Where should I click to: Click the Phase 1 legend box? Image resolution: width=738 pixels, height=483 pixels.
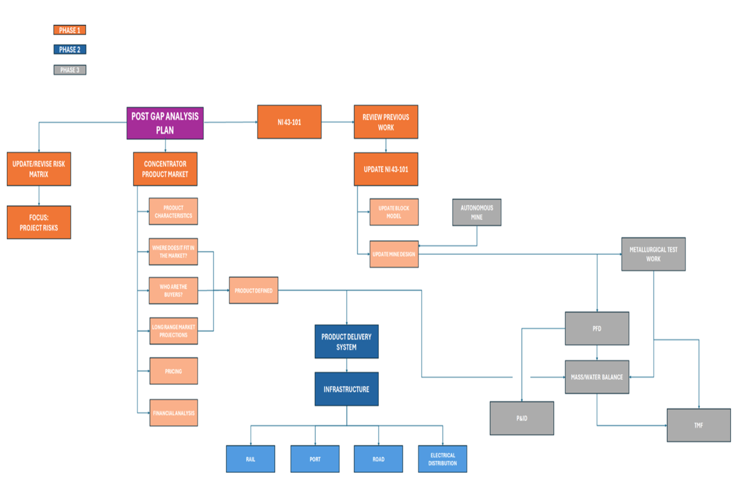pos(70,30)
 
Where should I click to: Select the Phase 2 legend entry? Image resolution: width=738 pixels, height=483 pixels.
pos(70,50)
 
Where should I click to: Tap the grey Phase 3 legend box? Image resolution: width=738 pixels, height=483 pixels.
pos(70,70)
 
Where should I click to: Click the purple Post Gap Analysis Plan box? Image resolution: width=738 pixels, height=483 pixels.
pos(165,123)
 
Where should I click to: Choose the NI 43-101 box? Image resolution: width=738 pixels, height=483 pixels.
pos(289,122)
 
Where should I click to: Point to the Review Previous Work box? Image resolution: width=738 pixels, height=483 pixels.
pos(386,122)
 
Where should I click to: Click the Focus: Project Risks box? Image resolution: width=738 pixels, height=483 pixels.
pos(39,223)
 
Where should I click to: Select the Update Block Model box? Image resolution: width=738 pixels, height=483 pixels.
pos(394,212)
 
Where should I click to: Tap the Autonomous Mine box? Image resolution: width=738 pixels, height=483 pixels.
pos(477,212)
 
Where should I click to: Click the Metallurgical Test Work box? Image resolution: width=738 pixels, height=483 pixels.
pos(653,254)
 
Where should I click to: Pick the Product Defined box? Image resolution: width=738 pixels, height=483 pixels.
pos(254,290)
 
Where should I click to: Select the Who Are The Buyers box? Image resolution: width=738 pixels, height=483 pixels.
pos(173,291)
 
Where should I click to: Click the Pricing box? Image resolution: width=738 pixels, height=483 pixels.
pos(173,371)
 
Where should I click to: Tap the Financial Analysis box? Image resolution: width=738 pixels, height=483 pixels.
pos(173,413)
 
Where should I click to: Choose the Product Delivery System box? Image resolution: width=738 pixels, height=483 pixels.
pos(346,342)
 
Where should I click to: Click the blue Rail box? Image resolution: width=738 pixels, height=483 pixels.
pos(250,459)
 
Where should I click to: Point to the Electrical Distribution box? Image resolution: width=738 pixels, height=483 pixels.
pos(443,459)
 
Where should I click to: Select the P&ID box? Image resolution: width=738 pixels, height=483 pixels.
pos(522,418)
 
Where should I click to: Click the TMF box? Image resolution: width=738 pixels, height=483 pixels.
pos(698,425)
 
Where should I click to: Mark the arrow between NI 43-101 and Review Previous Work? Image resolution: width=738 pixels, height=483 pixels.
pos(338,122)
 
